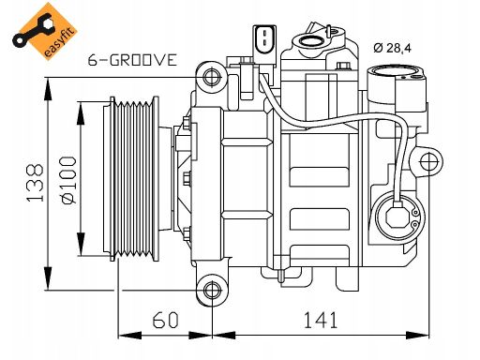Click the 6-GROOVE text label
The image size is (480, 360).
click(132, 60)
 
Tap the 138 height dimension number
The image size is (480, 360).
click(35, 183)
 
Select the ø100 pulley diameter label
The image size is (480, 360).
click(68, 180)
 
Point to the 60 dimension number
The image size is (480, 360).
click(165, 320)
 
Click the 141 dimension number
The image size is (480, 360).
click(321, 320)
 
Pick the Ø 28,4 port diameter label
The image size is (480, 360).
click(393, 48)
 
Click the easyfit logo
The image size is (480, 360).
click(44, 31)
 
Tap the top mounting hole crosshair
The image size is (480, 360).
click(212, 77)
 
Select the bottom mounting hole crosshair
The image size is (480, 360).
click(212, 291)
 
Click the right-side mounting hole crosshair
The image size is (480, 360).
click(429, 162)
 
